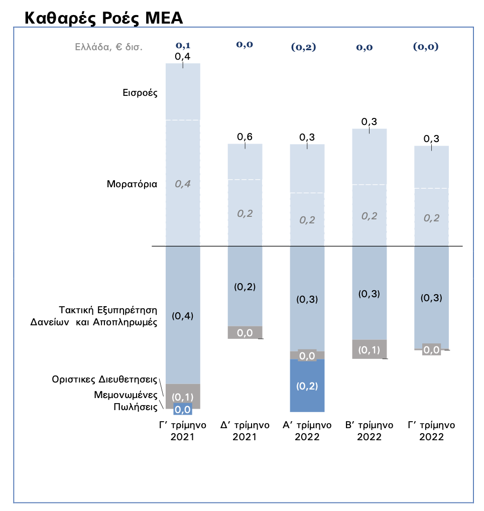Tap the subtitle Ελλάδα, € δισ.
click(108, 47)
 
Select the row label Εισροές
click(141, 93)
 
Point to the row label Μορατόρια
click(132, 184)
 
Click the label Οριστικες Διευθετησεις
click(105, 379)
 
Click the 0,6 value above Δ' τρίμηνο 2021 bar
click(245, 137)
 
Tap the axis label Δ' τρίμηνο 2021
click(245, 431)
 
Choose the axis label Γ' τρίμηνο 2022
click(431, 431)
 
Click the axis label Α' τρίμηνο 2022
click(307, 431)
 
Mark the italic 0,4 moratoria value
click(183, 184)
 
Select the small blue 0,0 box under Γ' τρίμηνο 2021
click(182, 410)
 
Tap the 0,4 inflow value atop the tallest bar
click(182, 57)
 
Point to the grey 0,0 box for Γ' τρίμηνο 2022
click(431, 350)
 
